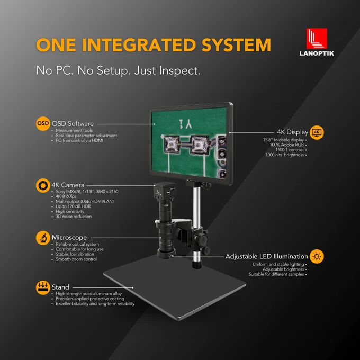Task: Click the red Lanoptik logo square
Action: (x=317, y=38)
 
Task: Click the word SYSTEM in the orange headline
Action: (x=237, y=44)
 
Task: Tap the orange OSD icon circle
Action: (x=43, y=124)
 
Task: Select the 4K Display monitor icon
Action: (x=317, y=132)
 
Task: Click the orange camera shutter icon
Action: (x=43, y=185)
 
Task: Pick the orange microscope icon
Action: (x=43, y=238)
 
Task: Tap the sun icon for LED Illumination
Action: (x=317, y=256)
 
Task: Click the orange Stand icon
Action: (x=43, y=287)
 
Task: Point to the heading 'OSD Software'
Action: (x=73, y=124)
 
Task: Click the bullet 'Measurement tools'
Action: (x=74, y=130)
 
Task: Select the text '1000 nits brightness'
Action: (x=285, y=155)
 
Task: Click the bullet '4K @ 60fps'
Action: (x=66, y=196)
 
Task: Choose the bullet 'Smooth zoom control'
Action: (x=76, y=259)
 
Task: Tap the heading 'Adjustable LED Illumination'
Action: (x=266, y=256)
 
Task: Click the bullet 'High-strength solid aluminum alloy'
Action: (x=88, y=294)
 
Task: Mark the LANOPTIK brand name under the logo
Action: (x=317, y=53)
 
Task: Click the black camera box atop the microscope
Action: (x=165, y=191)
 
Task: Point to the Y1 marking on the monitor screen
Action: (x=185, y=124)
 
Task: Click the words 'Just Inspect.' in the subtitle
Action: (x=167, y=70)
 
